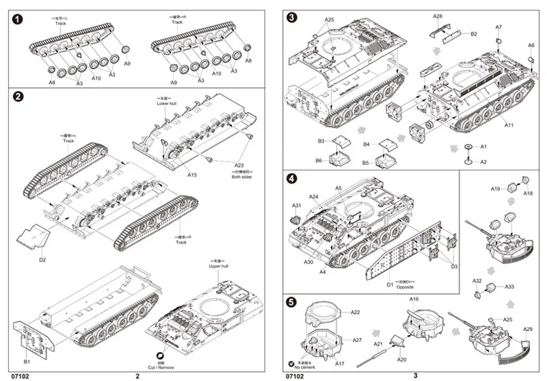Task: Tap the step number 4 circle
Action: (x=292, y=179)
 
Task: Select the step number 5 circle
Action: (x=292, y=303)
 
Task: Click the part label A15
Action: (x=192, y=175)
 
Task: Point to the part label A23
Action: (x=239, y=165)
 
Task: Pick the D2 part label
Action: (x=42, y=260)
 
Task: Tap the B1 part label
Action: (x=26, y=362)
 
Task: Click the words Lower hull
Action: (x=168, y=104)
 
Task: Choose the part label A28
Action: (x=438, y=16)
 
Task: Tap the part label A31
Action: (x=296, y=206)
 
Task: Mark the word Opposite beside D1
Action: (x=404, y=285)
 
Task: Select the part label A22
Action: (x=355, y=312)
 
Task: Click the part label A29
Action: (x=528, y=329)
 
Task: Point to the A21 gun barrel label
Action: (x=379, y=344)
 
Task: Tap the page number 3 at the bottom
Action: (x=415, y=376)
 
